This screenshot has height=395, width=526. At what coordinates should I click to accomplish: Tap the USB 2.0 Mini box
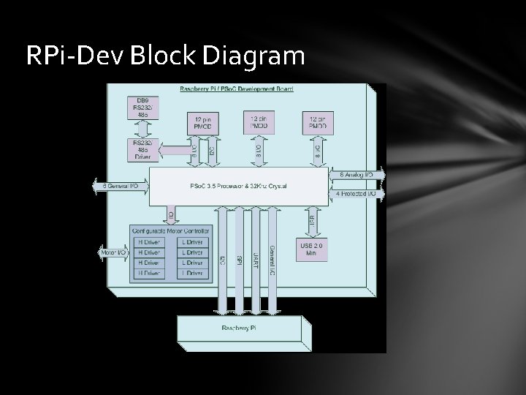click(312, 249)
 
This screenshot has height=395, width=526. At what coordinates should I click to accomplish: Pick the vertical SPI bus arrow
click(238, 260)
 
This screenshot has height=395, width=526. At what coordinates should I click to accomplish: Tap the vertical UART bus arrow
click(255, 260)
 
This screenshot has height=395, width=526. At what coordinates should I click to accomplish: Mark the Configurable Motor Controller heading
click(169, 231)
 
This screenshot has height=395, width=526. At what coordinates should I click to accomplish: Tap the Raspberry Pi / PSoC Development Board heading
click(237, 89)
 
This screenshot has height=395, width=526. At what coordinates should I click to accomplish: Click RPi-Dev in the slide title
click(68, 56)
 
